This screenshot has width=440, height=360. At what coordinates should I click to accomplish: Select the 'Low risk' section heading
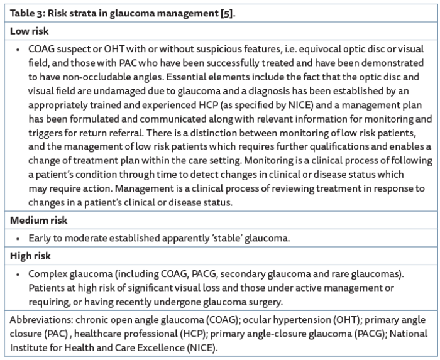[x=29, y=31]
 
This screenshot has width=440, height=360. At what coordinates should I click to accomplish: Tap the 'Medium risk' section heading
[x=37, y=221]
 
